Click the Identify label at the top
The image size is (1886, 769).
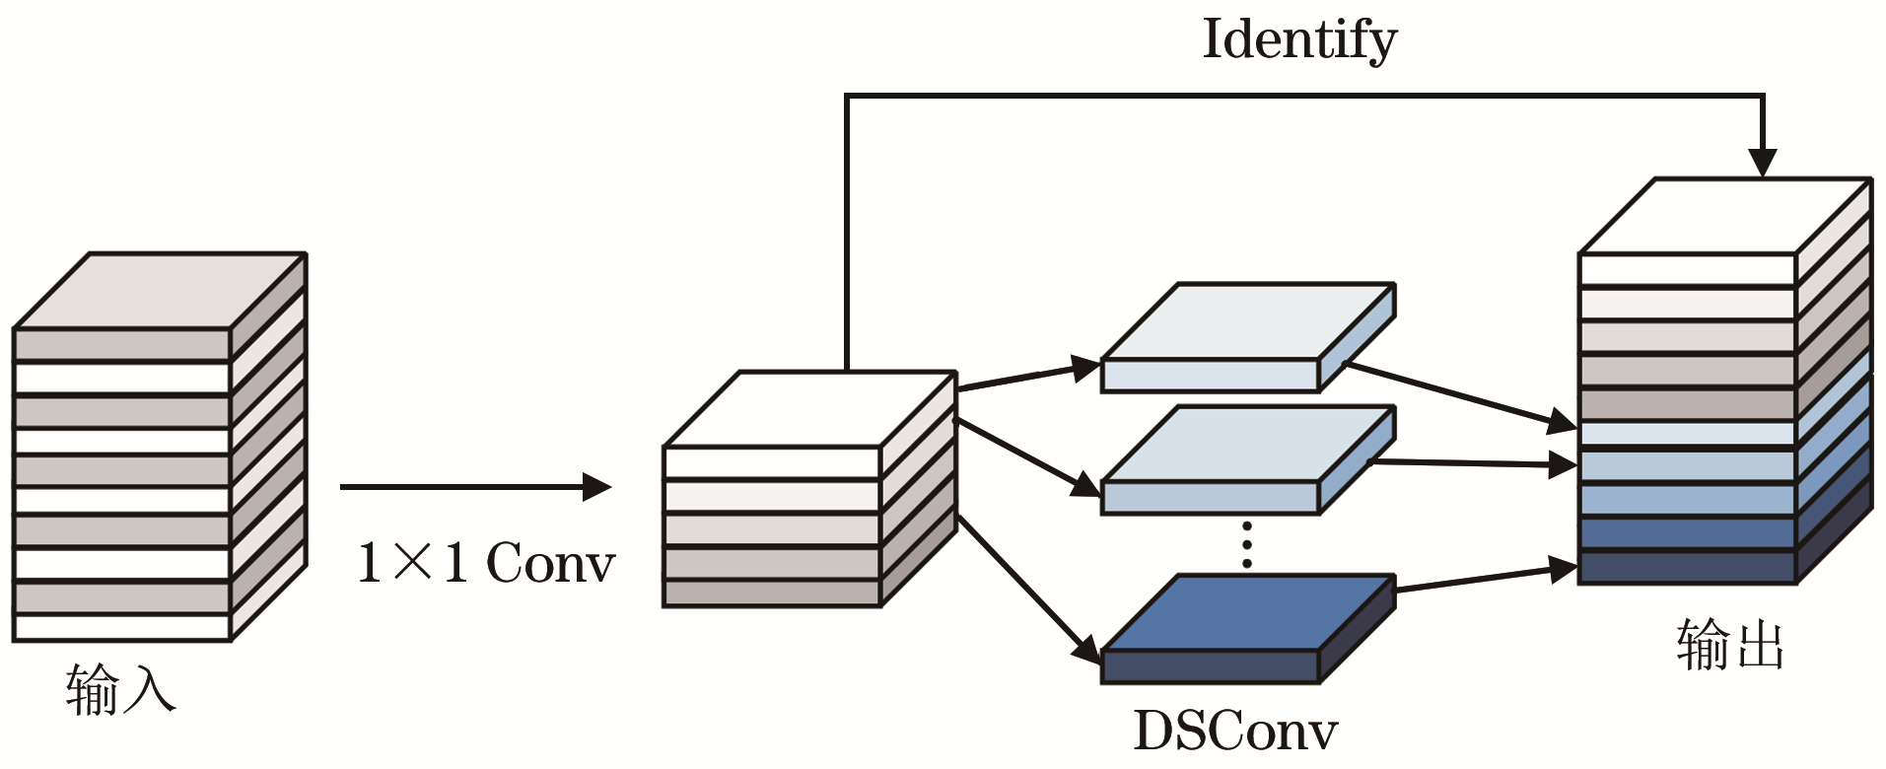click(x=1298, y=41)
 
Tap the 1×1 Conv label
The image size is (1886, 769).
click(x=486, y=564)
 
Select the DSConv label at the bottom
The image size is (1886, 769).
click(x=1234, y=732)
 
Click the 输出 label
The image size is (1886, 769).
click(x=1730, y=646)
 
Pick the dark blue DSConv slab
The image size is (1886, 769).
click(x=1247, y=616)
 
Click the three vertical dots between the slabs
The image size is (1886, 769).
click(x=1247, y=544)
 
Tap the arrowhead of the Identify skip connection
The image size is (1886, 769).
click(x=1762, y=163)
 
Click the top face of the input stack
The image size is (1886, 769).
click(x=160, y=291)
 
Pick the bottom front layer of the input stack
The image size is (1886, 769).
click(x=121, y=627)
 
